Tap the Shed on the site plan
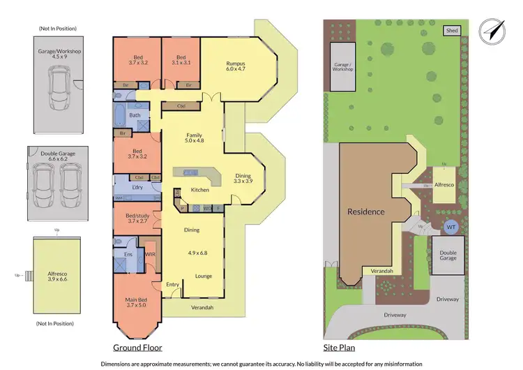[x=453, y=30]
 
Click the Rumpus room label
[x=237, y=66]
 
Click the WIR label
[x=150, y=255]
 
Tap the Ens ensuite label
[x=128, y=255]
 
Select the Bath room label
[x=135, y=115]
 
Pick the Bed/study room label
[x=137, y=216]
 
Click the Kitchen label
[x=201, y=190]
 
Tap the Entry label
[x=173, y=284]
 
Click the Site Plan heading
[x=341, y=347]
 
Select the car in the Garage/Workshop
[x=57, y=89]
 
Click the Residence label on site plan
[x=366, y=212]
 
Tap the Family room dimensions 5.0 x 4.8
[x=194, y=141]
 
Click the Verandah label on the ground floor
[x=199, y=308]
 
